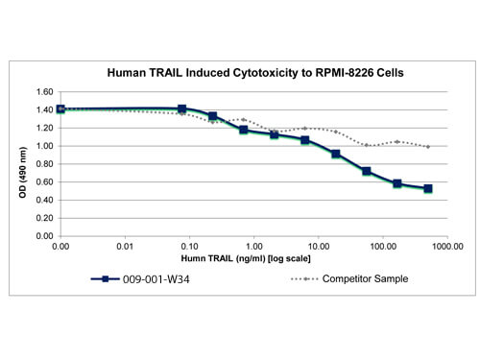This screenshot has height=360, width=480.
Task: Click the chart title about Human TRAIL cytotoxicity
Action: (255, 73)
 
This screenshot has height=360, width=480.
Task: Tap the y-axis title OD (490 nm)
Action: (23, 172)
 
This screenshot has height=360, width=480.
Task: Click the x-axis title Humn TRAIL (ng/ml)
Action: (246, 258)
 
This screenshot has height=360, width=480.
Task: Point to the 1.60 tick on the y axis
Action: (44, 92)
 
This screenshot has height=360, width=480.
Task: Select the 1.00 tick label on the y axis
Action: (44, 146)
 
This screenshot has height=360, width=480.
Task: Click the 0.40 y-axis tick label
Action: (44, 200)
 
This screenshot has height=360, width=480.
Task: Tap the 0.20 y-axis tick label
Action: (44, 218)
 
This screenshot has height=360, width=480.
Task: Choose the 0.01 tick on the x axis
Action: (125, 247)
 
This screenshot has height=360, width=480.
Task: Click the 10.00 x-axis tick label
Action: (319, 247)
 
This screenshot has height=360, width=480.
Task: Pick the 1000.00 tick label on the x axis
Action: (447, 247)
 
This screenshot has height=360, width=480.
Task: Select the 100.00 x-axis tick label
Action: (383, 247)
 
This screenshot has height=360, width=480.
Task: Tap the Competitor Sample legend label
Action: (365, 278)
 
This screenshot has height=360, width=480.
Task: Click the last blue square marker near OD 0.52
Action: (428, 188)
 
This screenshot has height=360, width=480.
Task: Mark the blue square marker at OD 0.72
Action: (367, 171)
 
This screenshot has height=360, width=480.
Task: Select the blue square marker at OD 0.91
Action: (336, 154)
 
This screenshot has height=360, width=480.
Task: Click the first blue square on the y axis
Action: (60, 109)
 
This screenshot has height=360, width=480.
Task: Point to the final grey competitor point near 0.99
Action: (428, 147)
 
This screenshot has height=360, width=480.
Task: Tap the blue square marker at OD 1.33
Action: (212, 116)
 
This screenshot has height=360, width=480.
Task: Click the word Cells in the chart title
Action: (390, 73)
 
